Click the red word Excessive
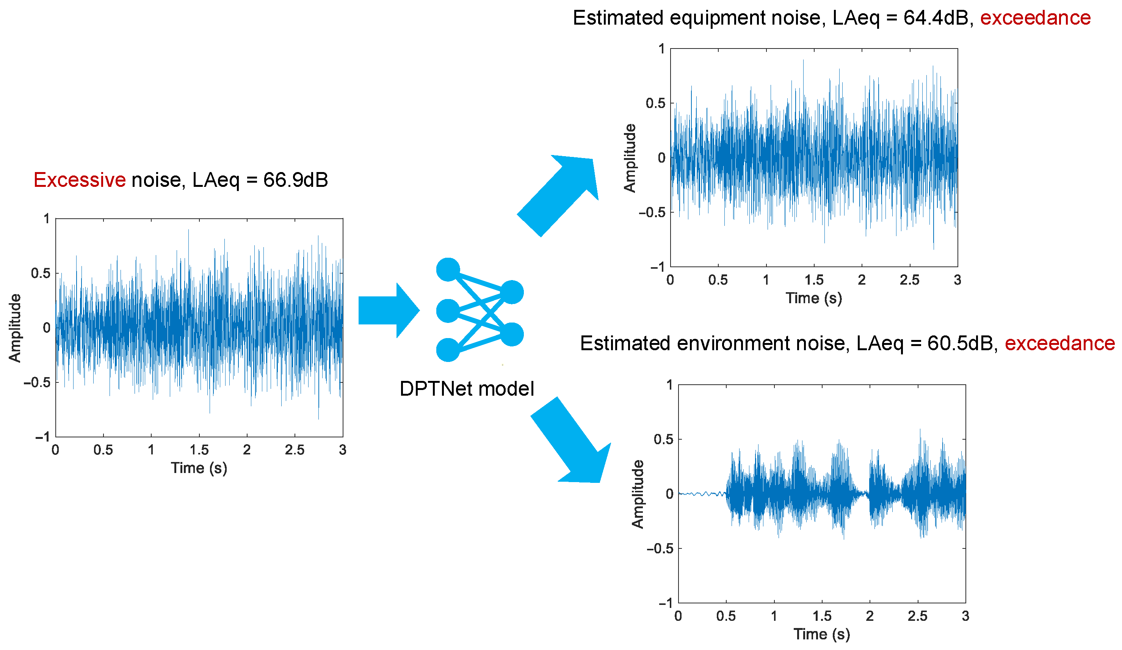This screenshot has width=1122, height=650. pos(79,180)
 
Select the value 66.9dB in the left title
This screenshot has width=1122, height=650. pos(295,180)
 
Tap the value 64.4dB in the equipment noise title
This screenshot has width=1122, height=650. pos(937,18)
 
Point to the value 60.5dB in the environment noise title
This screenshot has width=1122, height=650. pos(961,344)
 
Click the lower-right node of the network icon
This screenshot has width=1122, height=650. pos(512,334)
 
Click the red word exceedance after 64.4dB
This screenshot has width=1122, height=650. pos(1035,18)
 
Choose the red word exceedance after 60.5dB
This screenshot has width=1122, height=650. pos(1060,344)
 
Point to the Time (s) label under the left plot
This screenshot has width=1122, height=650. pos(199,468)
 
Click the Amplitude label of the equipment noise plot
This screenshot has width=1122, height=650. pos(630,158)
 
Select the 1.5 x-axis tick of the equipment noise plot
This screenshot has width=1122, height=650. pos(814,280)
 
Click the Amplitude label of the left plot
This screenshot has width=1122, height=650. pos(15,328)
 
